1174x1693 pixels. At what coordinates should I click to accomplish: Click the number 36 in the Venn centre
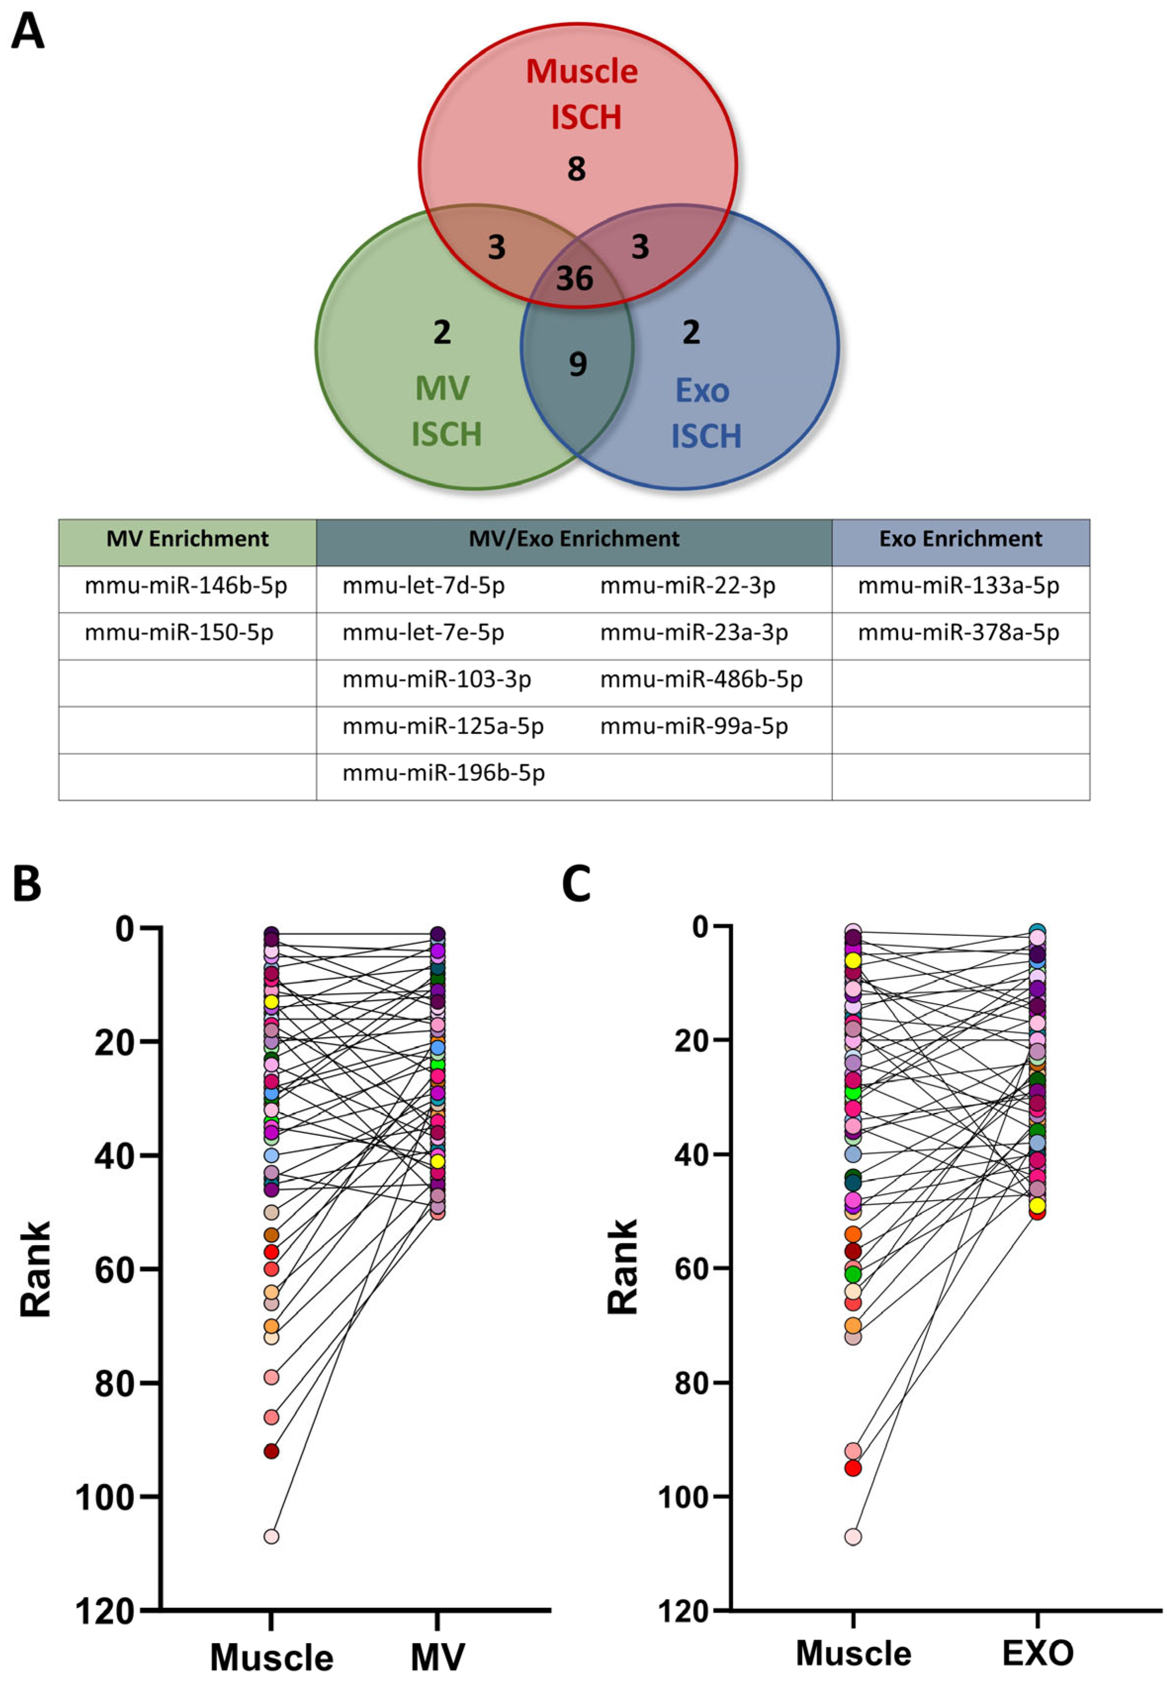pos(575,278)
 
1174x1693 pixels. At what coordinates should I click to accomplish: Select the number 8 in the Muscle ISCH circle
pos(576,169)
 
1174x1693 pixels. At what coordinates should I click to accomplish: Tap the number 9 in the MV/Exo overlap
pos(578,364)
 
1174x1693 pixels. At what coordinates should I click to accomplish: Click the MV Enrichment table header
pos(187,539)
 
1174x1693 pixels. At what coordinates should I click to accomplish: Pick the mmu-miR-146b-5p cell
pos(186,586)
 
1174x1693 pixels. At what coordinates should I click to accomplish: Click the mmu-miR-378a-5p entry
pos(958,632)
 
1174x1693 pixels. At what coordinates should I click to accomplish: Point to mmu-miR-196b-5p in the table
pos(444,773)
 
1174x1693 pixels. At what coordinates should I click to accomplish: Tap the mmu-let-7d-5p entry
pos(424,586)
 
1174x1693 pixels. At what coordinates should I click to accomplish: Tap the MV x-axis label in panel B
pos(438,1656)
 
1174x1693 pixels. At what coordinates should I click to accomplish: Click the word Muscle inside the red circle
pos(582,71)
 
